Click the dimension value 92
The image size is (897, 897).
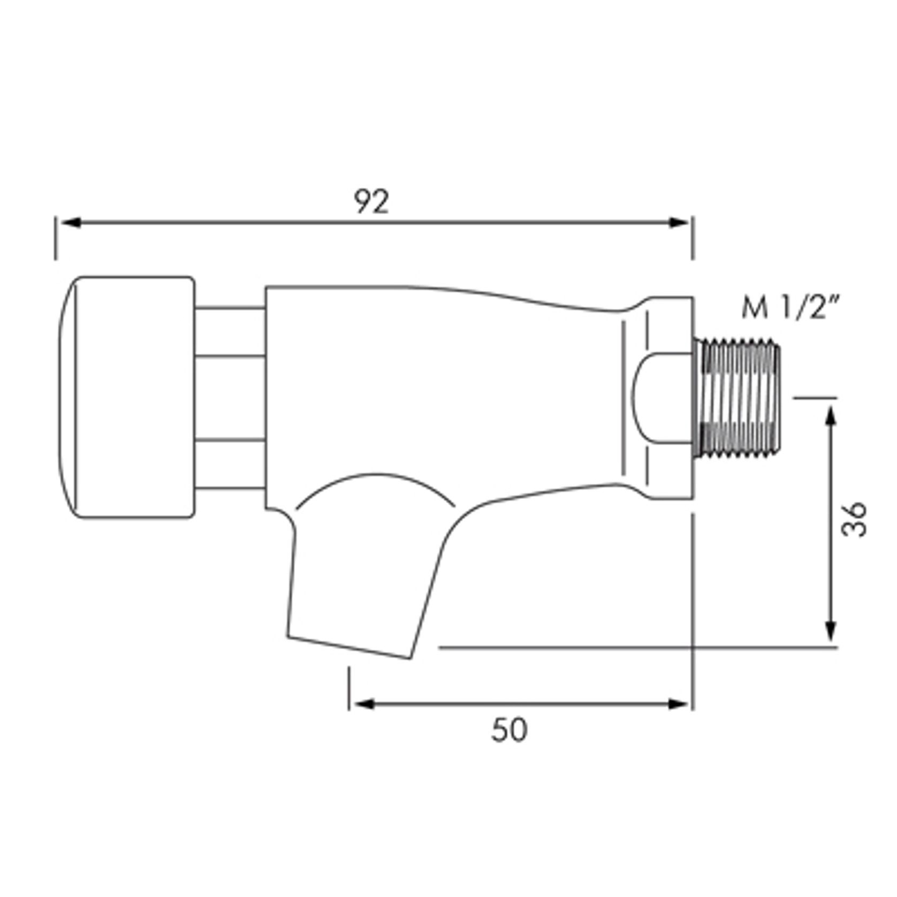point(372,202)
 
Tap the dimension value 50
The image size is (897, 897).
point(509,730)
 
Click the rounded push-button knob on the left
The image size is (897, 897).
point(126,397)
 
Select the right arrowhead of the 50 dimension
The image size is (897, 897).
point(678,704)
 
